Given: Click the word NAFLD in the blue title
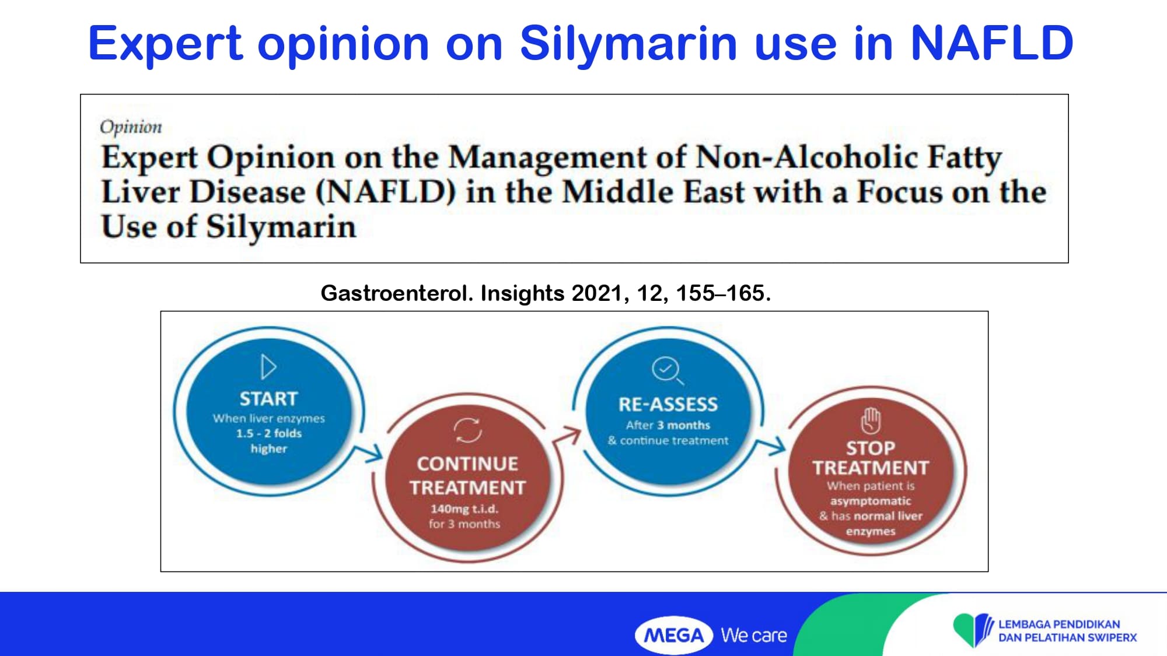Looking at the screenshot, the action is pyautogui.click(x=991, y=43).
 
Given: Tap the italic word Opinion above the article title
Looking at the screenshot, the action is pyautogui.click(x=131, y=127).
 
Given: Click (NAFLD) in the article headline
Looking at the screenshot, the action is pyautogui.click(x=385, y=192).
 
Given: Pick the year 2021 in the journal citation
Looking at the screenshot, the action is pyautogui.click(x=597, y=293).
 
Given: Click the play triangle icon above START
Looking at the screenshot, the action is pyautogui.click(x=268, y=367).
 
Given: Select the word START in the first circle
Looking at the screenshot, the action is pyautogui.click(x=268, y=399).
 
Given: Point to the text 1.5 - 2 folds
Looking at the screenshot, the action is pyautogui.click(x=268, y=433).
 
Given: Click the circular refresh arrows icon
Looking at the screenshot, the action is pyautogui.click(x=468, y=430).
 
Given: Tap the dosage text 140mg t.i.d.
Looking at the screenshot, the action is pyautogui.click(x=464, y=509).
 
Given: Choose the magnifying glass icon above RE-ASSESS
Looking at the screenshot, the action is pyautogui.click(x=667, y=370).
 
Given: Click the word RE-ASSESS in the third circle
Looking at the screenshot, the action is pyautogui.click(x=668, y=404).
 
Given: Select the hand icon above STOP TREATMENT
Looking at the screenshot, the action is pyautogui.click(x=871, y=420).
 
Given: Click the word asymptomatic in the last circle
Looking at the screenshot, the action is pyautogui.click(x=871, y=501).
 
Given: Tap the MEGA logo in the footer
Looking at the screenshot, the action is pyautogui.click(x=674, y=635).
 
